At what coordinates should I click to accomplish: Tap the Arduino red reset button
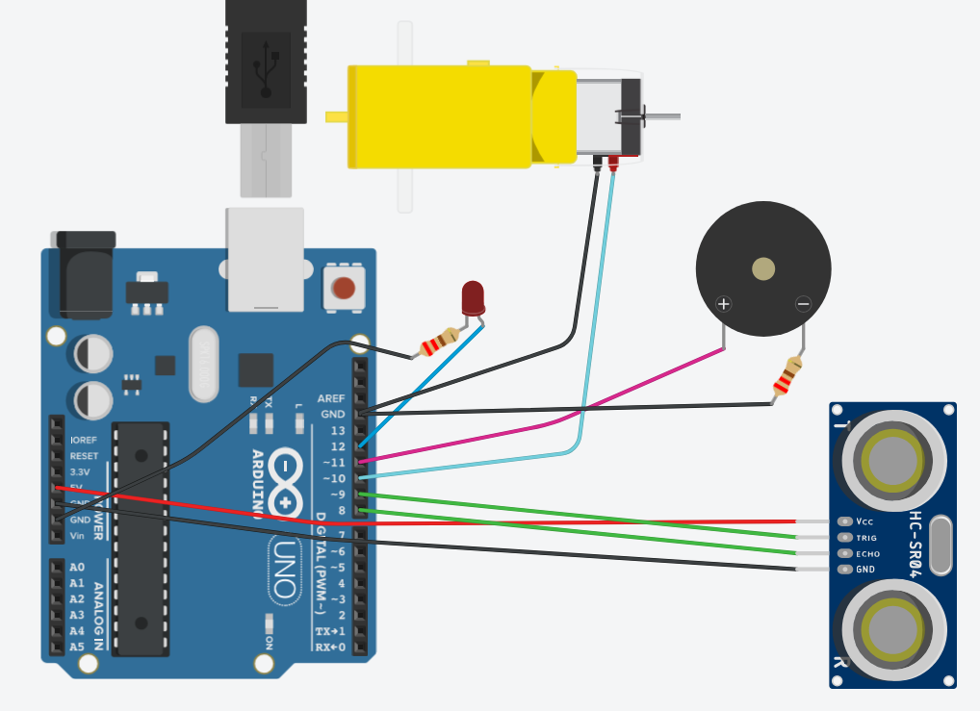(x=344, y=288)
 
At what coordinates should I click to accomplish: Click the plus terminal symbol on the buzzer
(x=724, y=304)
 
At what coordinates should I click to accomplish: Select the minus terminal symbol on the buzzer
(x=803, y=304)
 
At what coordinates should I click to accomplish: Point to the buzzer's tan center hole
(x=763, y=268)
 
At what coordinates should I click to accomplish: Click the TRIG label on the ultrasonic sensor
(x=866, y=538)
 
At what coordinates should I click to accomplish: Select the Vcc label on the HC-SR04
(x=864, y=521)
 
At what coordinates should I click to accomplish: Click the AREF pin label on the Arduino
(x=331, y=398)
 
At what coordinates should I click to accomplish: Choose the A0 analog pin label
(x=77, y=568)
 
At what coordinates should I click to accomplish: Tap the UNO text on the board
(x=280, y=568)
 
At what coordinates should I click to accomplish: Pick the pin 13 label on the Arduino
(x=337, y=430)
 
